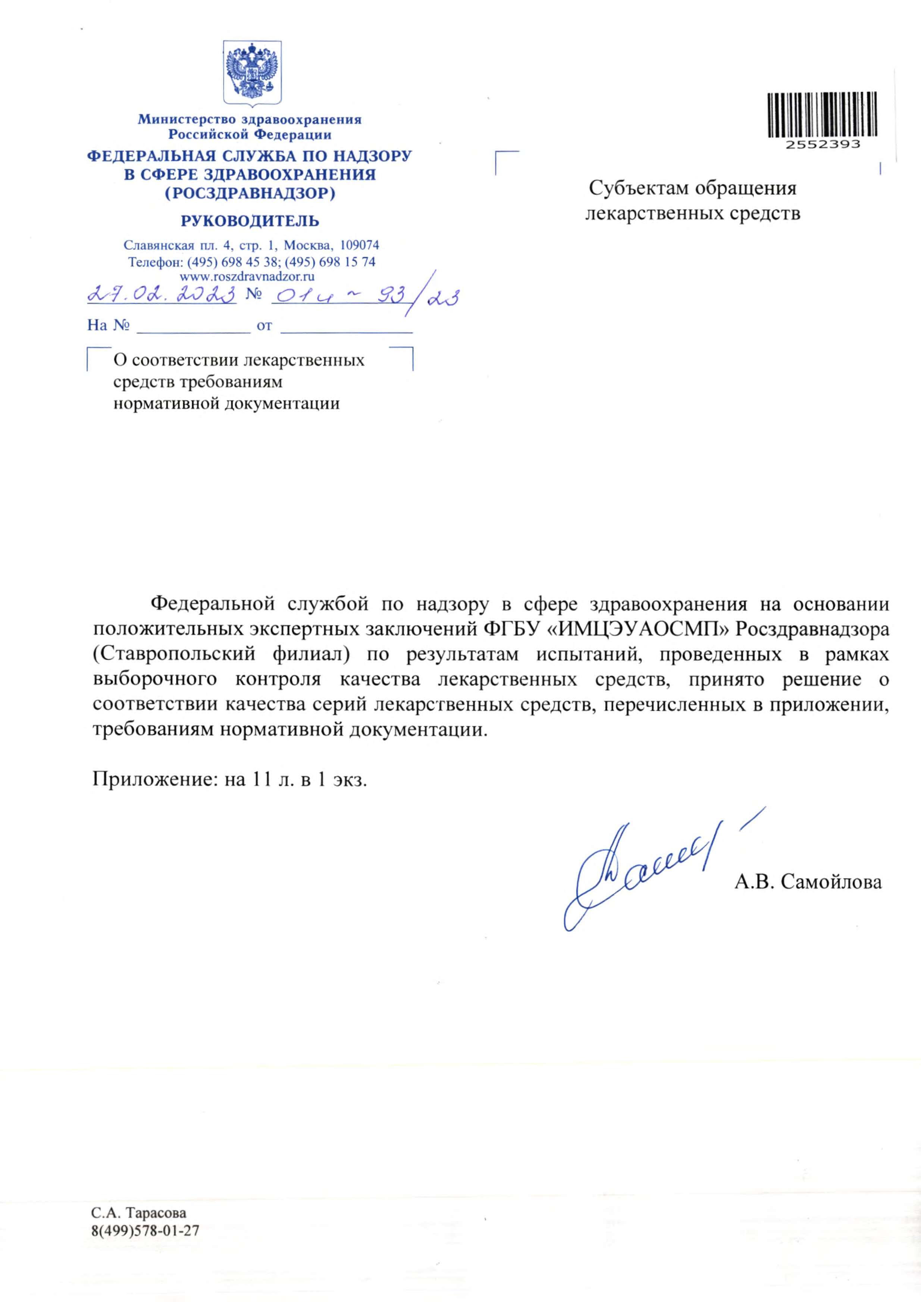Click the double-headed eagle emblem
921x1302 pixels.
click(x=253, y=72)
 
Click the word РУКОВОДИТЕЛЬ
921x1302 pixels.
click(x=250, y=221)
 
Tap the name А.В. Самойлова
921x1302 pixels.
click(x=808, y=881)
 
